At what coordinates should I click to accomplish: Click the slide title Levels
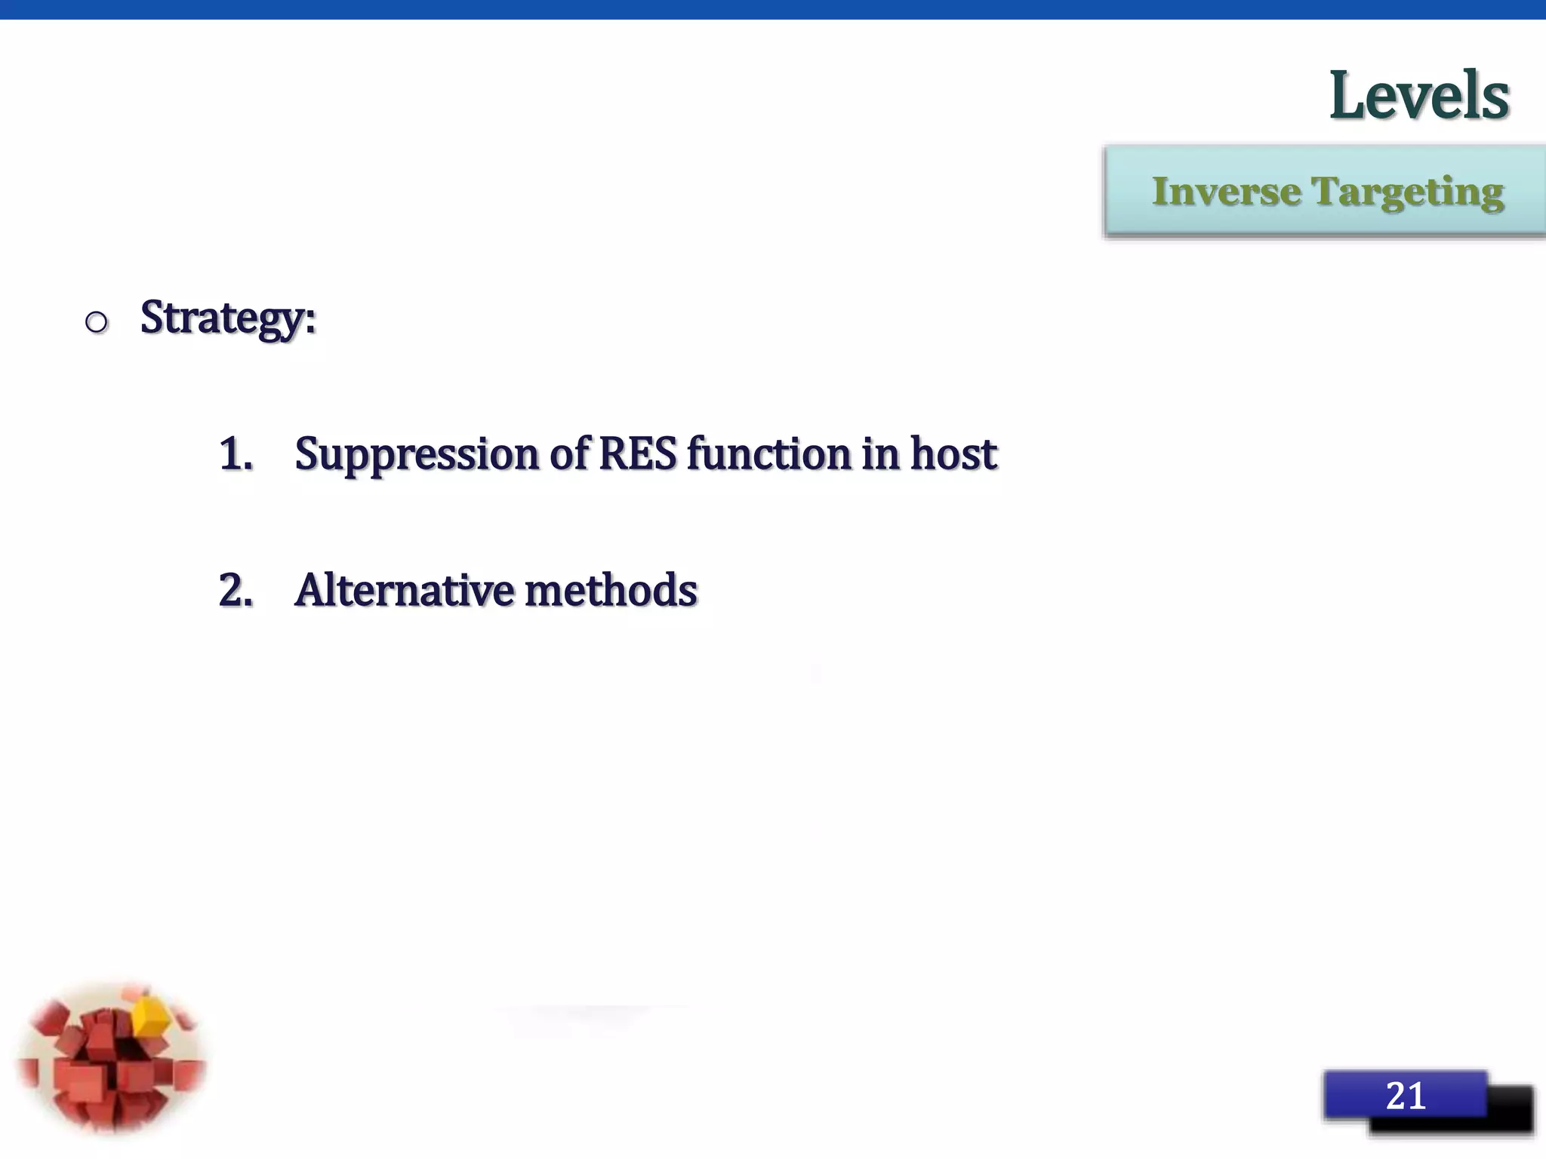pyautogui.click(x=1418, y=96)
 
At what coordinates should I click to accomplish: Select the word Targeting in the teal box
pyautogui.click(x=1408, y=193)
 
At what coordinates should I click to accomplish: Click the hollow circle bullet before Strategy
pyautogui.click(x=97, y=323)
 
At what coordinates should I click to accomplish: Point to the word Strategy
pyautogui.click(x=227, y=318)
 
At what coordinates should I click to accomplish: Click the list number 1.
pyautogui.click(x=235, y=454)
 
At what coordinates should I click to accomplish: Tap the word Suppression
pyautogui.click(x=416, y=455)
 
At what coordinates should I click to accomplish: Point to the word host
pyautogui.click(x=953, y=453)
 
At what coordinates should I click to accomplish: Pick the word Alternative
pyautogui.click(x=404, y=590)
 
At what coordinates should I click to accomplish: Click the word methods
pyautogui.click(x=611, y=590)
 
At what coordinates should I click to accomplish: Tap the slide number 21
pyautogui.click(x=1405, y=1095)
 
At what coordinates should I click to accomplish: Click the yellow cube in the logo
pyautogui.click(x=151, y=1015)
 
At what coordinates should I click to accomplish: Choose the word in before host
pyautogui.click(x=880, y=453)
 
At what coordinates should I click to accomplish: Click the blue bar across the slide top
pyautogui.click(x=773, y=9)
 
